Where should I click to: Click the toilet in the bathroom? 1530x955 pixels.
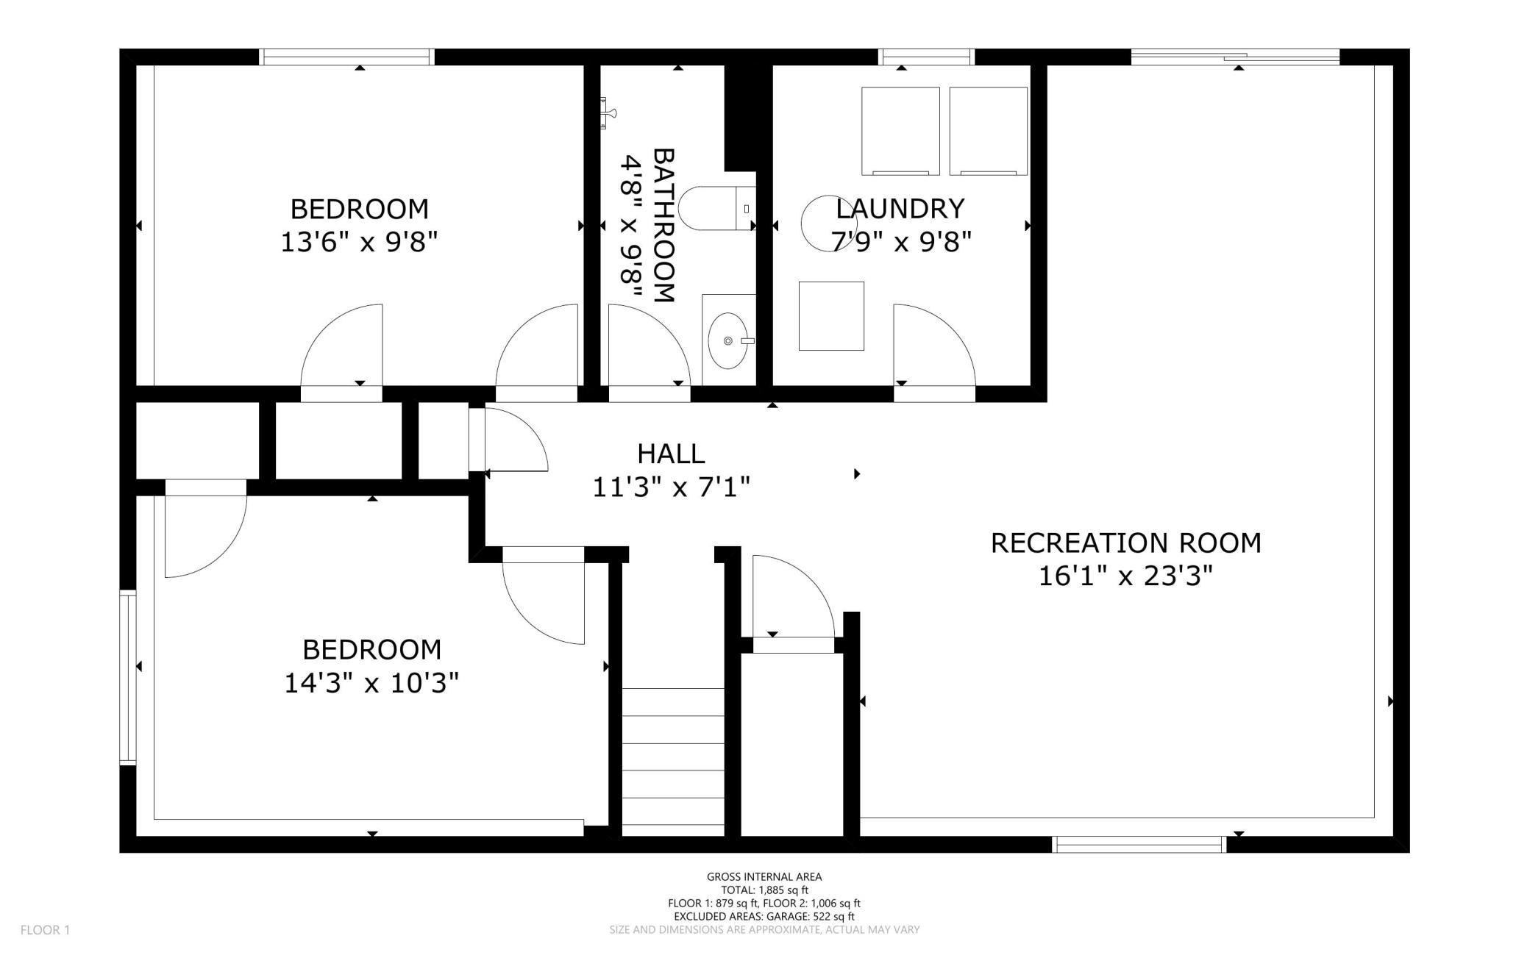[x=717, y=208]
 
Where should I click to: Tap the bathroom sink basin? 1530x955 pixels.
[x=728, y=340]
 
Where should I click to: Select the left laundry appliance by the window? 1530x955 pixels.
[x=900, y=131]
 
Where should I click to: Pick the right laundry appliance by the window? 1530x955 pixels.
[x=988, y=131]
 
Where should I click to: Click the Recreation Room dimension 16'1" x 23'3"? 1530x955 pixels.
[x=1125, y=576]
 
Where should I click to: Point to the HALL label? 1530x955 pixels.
[x=671, y=454]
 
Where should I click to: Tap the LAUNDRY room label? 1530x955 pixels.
[x=900, y=209]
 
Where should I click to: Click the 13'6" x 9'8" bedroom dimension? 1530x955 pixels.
[x=359, y=241]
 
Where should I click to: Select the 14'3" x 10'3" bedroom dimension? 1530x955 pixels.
[x=371, y=683]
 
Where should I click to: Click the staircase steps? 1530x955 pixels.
[x=673, y=757]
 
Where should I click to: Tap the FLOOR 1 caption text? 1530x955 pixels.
[x=45, y=930]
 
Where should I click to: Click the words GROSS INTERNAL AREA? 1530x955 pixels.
[x=764, y=876]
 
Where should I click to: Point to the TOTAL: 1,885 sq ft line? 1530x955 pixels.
[x=764, y=890]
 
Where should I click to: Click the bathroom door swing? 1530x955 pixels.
[x=650, y=345]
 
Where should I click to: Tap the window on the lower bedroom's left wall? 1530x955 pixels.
[x=128, y=677]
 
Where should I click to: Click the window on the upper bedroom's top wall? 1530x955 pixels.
[x=346, y=57]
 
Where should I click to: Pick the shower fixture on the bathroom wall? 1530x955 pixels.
[x=608, y=113]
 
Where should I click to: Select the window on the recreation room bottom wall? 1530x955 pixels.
[x=1139, y=845]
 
